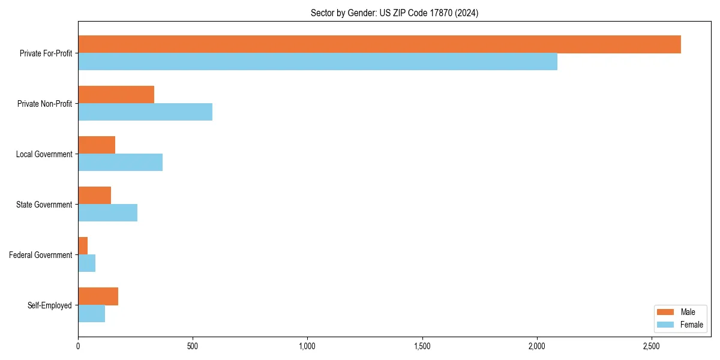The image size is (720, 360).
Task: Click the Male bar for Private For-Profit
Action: coord(379,44)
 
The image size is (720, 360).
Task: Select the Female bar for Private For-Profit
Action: coord(317,62)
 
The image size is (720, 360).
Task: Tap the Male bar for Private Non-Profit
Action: coord(116,95)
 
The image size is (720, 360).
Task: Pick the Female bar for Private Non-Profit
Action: coord(145,112)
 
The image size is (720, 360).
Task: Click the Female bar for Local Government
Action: coord(120,163)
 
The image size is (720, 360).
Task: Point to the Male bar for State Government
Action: coord(94,196)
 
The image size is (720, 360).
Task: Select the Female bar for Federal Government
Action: coord(86,263)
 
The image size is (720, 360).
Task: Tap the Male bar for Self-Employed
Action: coord(98,296)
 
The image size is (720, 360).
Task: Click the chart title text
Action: coord(394,13)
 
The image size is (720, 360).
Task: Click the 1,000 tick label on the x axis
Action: coord(307,346)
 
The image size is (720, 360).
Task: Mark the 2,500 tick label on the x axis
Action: coord(652,346)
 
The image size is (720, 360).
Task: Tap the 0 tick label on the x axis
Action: coord(78,346)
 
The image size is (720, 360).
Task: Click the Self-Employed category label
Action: coord(50,305)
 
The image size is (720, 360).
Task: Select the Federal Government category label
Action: coord(41,255)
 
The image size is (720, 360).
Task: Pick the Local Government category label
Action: coord(44,154)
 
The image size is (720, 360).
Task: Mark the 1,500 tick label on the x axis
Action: coord(422,346)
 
